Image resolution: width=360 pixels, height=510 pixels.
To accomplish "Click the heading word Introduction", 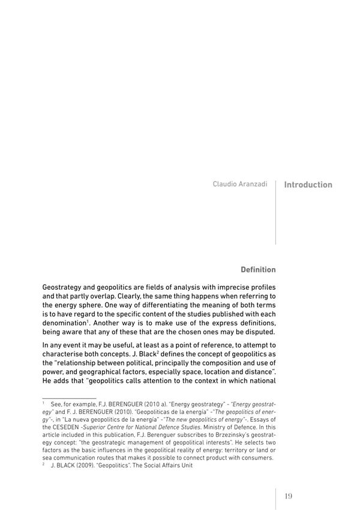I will point(308,185).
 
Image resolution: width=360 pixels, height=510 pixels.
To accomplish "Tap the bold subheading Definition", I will point(258,269).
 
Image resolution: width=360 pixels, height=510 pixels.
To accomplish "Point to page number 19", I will point(288,496).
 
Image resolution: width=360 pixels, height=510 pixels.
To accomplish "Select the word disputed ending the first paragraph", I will point(258,332).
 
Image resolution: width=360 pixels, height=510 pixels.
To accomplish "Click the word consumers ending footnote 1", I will point(256,458).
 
